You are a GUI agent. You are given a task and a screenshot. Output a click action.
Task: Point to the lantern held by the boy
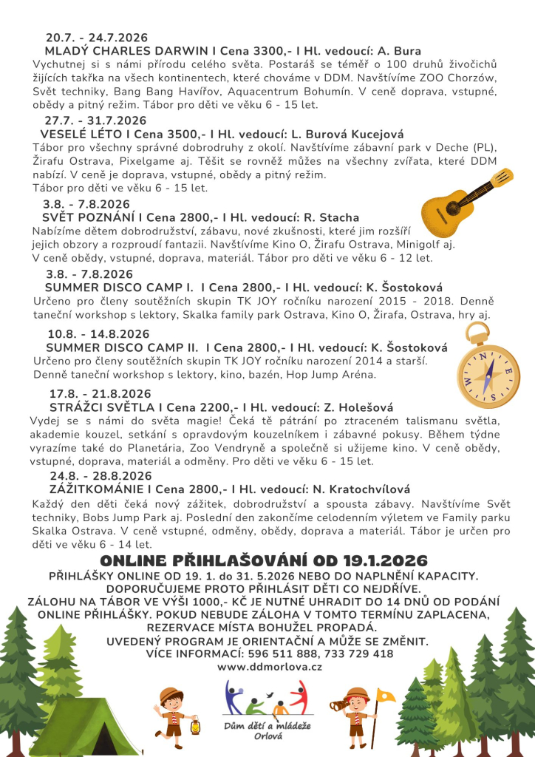tap(196, 727)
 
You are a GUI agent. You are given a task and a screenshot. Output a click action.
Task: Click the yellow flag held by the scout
tap(385, 696)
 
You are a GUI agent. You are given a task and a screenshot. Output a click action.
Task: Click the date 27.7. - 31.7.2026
tap(95, 120)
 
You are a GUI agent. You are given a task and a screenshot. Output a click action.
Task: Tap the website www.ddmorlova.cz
tap(269, 666)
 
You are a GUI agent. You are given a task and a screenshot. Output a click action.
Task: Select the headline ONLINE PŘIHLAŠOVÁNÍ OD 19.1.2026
tap(267, 560)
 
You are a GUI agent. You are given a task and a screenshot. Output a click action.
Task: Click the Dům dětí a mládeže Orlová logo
tap(266, 710)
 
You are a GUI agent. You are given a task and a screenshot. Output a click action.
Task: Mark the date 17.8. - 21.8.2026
tap(100, 394)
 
